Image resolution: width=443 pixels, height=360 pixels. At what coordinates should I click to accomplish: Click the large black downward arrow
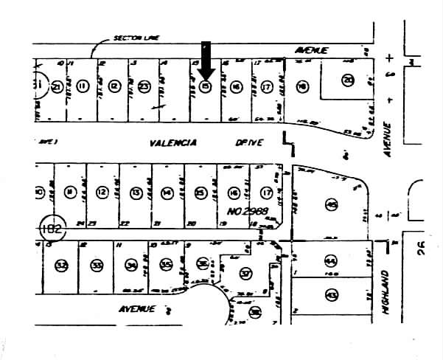(x=206, y=60)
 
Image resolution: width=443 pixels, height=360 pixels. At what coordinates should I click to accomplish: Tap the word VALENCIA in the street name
(x=170, y=143)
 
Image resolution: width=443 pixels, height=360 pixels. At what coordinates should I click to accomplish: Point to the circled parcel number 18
(x=301, y=87)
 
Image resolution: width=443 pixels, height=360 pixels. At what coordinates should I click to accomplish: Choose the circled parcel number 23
(x=144, y=87)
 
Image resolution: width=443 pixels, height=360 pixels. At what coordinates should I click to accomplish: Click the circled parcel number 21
(x=57, y=87)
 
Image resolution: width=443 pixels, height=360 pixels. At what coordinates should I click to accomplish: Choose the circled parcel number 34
(x=133, y=264)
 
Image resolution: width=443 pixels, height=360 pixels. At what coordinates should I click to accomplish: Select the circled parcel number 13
(x=136, y=193)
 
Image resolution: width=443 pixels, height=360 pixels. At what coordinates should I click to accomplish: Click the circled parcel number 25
(x=200, y=193)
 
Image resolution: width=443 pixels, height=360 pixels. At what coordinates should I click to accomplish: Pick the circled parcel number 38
(x=255, y=312)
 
